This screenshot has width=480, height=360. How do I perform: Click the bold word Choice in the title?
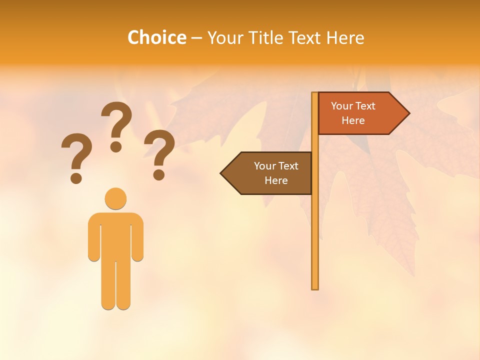[x=156, y=37]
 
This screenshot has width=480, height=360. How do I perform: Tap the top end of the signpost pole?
[x=315, y=94]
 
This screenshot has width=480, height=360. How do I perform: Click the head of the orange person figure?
[x=115, y=198]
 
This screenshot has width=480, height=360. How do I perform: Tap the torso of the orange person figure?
[x=115, y=235]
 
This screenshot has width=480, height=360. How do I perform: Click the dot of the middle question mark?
[x=116, y=146]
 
